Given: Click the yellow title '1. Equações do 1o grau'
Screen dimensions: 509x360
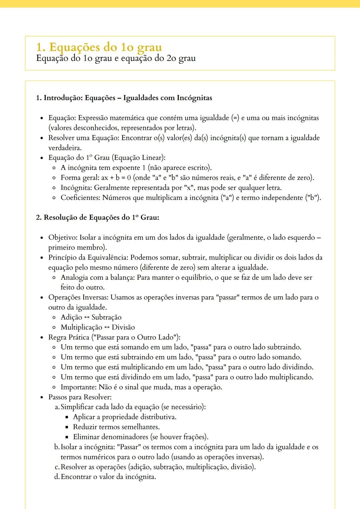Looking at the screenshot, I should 99,47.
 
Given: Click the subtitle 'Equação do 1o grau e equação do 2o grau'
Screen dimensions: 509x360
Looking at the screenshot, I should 116,58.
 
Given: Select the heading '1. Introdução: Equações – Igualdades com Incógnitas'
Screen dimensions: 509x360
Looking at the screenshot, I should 124,98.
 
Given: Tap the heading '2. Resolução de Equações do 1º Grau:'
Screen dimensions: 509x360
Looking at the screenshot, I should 97,218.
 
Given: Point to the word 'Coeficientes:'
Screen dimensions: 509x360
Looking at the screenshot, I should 80,198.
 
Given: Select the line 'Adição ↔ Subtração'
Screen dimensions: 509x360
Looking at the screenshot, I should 91,317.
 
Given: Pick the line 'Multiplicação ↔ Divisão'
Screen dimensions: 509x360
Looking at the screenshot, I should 98,327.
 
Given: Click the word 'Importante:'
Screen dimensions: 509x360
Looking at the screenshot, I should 79,387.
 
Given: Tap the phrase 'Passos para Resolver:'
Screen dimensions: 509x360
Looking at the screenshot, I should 80,397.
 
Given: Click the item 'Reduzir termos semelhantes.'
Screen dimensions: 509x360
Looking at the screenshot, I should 116,427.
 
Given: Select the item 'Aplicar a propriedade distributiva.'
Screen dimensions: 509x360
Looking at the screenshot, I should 125,417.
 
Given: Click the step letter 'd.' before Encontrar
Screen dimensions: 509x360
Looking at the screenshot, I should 57,477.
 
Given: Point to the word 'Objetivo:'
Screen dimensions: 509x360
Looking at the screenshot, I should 63,238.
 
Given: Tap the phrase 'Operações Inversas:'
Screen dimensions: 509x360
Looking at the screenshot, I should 78,297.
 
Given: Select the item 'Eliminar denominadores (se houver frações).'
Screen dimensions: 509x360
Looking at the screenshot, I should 140,437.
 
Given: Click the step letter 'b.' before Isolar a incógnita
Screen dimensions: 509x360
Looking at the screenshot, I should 57,447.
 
